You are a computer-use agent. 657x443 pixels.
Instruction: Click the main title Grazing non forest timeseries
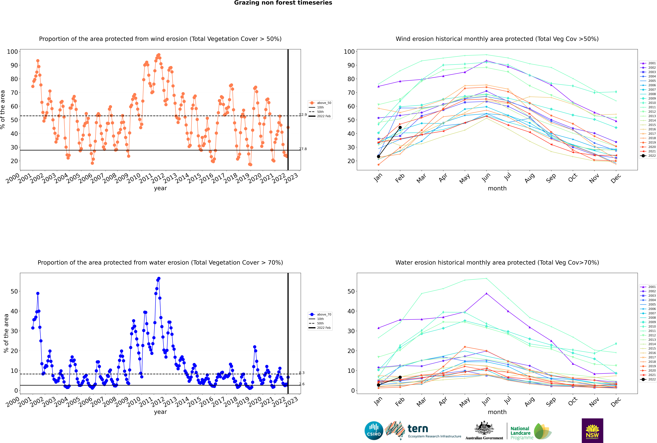point(283,3)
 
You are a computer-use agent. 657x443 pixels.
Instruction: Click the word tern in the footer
point(418,429)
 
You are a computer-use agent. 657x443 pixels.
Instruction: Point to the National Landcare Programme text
point(520,433)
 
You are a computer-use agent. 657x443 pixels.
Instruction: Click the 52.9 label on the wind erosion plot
point(303,115)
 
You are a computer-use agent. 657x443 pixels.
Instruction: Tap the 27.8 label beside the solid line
point(303,149)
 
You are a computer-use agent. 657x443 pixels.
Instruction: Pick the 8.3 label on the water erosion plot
point(302,373)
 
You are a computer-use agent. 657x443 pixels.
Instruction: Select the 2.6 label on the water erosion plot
point(302,384)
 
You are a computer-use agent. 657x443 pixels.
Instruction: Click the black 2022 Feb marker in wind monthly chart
point(400,127)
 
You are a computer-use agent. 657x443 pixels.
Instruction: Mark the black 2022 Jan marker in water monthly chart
point(379,385)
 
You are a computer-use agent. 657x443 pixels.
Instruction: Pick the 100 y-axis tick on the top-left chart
point(12,52)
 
